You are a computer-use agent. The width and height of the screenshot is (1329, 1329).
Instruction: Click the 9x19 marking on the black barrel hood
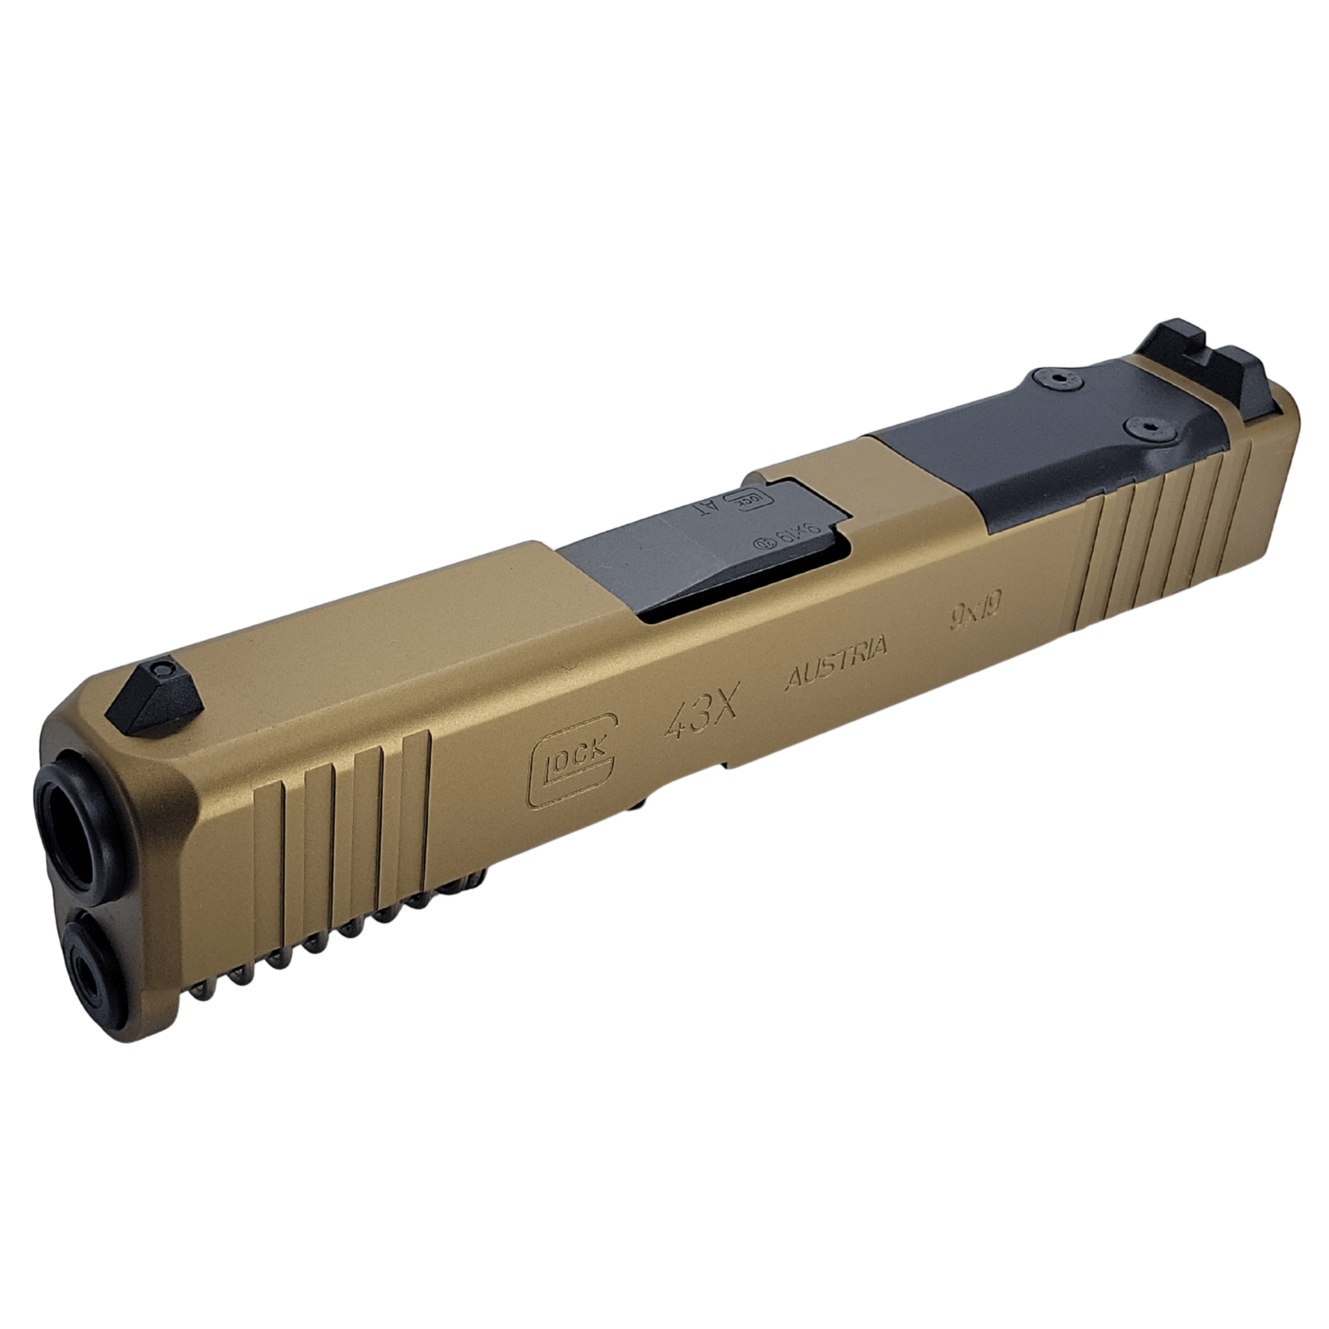[789, 538]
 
